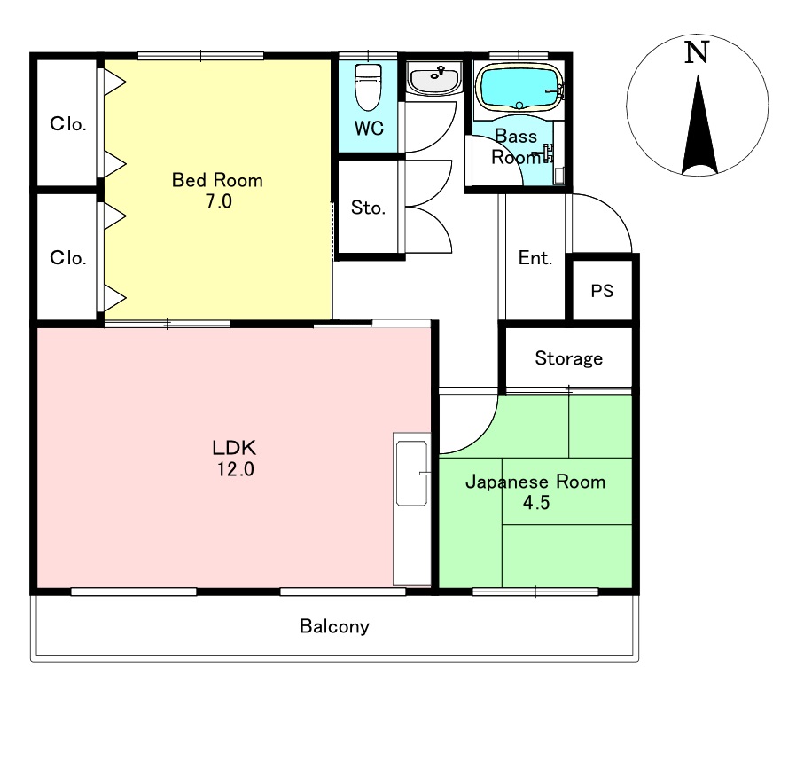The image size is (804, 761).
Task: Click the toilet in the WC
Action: click(368, 87)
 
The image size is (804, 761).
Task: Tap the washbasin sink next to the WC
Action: click(435, 79)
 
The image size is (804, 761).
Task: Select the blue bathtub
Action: click(519, 88)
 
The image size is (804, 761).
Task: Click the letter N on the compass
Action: click(697, 52)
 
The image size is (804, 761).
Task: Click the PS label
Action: click(602, 291)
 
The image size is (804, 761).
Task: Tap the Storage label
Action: click(568, 358)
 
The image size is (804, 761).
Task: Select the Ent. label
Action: click(535, 257)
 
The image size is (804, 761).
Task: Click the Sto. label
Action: click(368, 208)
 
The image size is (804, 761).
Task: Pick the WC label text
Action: click(369, 129)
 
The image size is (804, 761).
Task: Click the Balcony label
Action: click(334, 626)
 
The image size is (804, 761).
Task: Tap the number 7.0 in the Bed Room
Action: click(219, 201)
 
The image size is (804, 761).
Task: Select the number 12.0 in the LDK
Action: click(236, 469)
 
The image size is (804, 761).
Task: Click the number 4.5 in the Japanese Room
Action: click(536, 503)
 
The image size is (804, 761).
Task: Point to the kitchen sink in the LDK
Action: click(411, 474)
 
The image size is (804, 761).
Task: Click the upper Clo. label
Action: click(67, 123)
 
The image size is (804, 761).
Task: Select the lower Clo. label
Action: click(67, 257)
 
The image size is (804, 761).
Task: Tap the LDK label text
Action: click(234, 448)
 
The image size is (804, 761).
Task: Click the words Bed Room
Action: click(217, 180)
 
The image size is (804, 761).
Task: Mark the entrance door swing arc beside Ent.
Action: click(615, 211)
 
